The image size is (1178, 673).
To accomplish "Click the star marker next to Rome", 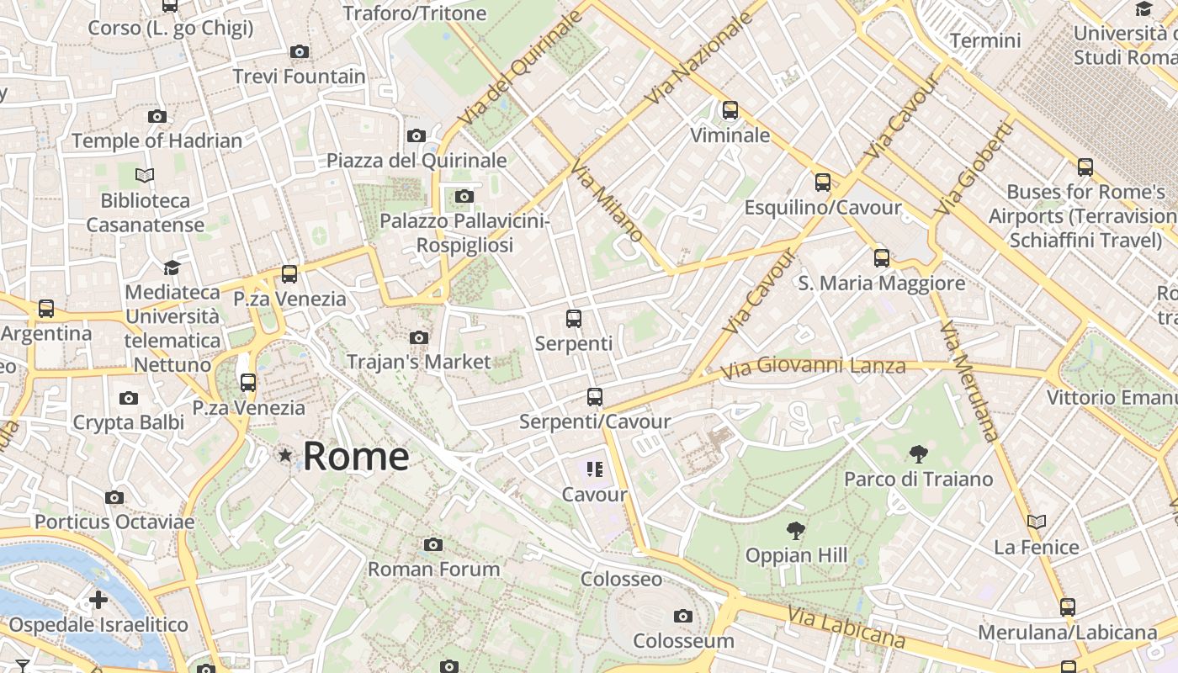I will click(285, 456).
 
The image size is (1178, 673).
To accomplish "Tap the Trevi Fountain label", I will click(300, 77).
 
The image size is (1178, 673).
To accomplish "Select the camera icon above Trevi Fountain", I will click(299, 52).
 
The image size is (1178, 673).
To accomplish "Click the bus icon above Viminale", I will click(730, 110).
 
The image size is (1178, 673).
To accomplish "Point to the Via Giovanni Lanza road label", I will click(814, 367).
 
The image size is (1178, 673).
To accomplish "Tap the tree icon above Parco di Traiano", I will click(918, 455).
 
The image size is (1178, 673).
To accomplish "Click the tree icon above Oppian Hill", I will click(795, 531).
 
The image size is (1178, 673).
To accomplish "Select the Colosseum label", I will click(683, 641).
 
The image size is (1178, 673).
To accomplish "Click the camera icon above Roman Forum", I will click(433, 545).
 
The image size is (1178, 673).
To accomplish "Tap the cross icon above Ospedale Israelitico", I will click(98, 600).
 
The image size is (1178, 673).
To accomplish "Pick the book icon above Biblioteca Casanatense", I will click(145, 176).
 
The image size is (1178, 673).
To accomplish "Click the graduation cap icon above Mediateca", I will click(172, 268).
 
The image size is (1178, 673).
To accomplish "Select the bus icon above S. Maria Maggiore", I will click(881, 258).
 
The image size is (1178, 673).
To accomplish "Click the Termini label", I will click(984, 40).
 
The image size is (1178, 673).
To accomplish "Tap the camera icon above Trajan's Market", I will click(418, 338).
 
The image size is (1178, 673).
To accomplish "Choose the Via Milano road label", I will click(607, 201).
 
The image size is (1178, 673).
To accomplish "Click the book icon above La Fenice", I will click(1037, 522).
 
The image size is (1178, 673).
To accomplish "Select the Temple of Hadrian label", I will click(157, 140).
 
